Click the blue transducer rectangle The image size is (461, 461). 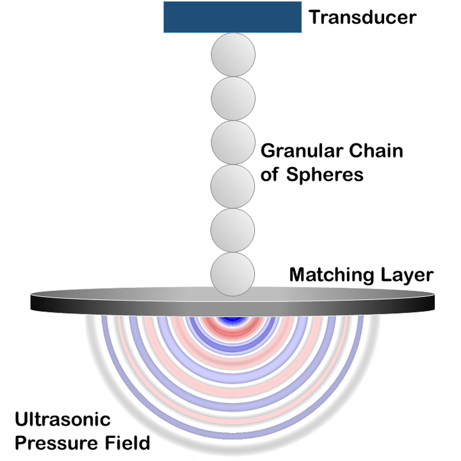[x=232, y=17]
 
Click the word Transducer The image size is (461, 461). [x=362, y=17]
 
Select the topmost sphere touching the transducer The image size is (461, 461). [x=233, y=54]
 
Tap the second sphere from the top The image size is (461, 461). [x=233, y=99]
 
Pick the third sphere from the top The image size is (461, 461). [x=233, y=143]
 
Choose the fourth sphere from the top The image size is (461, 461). [x=233, y=186]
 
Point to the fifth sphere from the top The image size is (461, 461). [x=233, y=230]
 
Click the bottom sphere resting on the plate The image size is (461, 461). [x=233, y=273]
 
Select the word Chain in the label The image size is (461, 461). [x=380, y=152]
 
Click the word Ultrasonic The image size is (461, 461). [x=62, y=420]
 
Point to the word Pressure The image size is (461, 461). [x=51, y=442]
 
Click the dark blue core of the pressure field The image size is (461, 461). [x=233, y=318]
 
